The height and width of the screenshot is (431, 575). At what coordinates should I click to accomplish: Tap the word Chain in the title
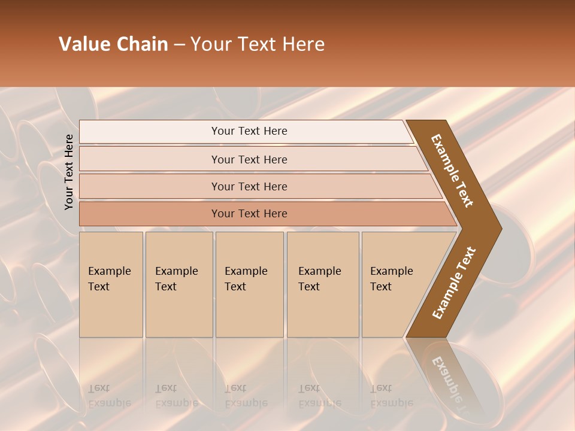coord(143,44)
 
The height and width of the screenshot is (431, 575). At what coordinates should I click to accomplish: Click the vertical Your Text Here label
coord(69,172)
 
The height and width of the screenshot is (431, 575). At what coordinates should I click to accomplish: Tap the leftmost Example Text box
coord(111,284)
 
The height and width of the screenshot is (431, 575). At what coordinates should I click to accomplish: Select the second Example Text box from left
coord(178,284)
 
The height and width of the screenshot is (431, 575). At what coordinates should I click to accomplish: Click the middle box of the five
coord(249,284)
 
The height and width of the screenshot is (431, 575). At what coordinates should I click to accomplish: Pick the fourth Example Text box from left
coord(322,284)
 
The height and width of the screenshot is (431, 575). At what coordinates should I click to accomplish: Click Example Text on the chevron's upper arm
coord(452,171)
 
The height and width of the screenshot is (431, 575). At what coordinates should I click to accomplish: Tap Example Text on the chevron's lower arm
coord(454,283)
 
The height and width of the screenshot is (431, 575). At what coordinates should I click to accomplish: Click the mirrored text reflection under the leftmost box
coord(110,396)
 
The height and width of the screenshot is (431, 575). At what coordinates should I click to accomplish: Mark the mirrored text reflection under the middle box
coord(246,396)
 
